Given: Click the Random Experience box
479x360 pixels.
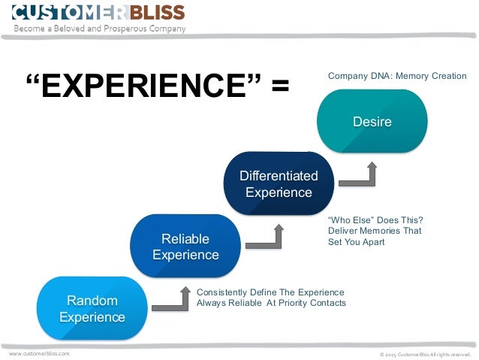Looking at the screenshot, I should [92, 308].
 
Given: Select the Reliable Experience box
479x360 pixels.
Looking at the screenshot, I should [185, 247].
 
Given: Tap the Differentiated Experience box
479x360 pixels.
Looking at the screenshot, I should [279, 184].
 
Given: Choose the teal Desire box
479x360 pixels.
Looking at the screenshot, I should [372, 121].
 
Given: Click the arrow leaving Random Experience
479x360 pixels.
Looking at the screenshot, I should [173, 301].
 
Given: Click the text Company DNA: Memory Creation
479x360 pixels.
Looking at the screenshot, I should [397, 76].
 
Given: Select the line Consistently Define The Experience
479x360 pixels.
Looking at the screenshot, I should [270, 292].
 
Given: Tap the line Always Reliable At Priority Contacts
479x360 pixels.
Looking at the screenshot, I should [271, 303].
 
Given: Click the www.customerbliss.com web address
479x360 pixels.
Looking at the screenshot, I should [39, 352].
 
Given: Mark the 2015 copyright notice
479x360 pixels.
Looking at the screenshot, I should [424, 353].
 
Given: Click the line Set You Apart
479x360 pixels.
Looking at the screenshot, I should [356, 243].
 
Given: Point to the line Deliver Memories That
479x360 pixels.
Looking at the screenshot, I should [375, 231].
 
